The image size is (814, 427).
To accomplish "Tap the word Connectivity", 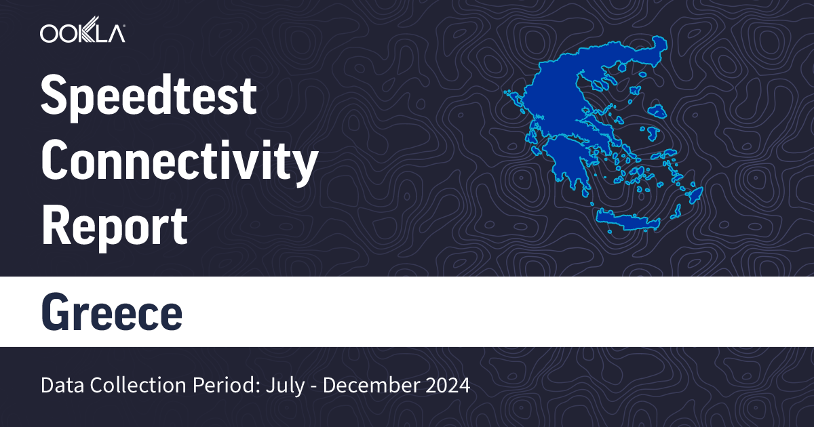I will click(x=180, y=161).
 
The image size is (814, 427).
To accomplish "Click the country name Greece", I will click(x=112, y=312).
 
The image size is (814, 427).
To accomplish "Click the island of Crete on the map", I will click(x=627, y=220).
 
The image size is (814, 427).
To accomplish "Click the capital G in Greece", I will click(x=56, y=312).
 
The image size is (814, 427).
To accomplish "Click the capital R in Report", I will click(x=56, y=226).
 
